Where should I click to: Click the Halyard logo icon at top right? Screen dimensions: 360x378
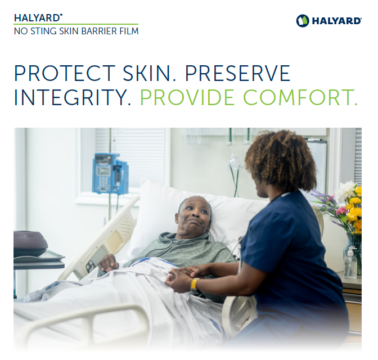pos(303,21)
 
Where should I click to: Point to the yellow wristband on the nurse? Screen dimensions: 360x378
pos(195,284)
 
